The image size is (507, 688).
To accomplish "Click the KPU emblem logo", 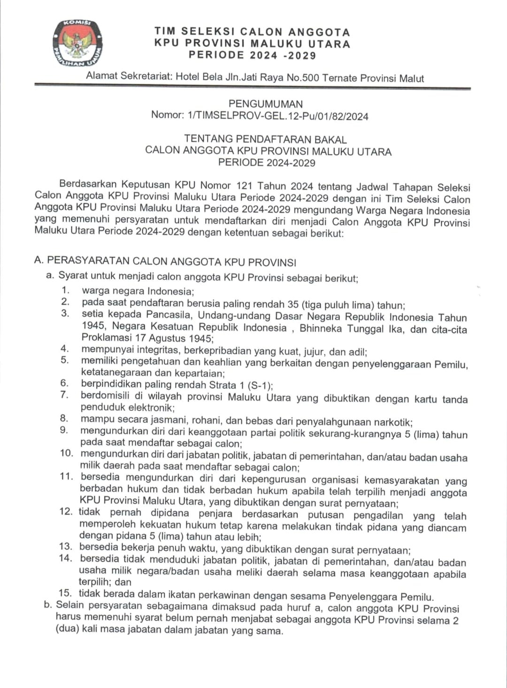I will [78, 43].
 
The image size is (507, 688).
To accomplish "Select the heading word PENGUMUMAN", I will [265, 104].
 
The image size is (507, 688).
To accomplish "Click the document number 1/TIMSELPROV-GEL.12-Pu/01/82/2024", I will [277, 116].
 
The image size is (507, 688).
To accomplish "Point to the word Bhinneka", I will [320, 328].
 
